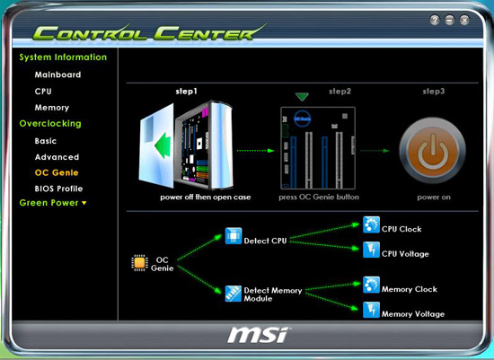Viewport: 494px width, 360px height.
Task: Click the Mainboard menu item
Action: tap(57, 75)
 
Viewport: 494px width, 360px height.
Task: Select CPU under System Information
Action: tap(43, 92)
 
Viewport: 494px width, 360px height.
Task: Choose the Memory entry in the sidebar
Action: tap(52, 108)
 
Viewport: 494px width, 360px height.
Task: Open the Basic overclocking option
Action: tap(46, 141)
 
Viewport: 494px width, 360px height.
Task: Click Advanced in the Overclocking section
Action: tap(57, 157)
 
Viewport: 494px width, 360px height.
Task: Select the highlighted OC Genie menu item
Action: tap(57, 172)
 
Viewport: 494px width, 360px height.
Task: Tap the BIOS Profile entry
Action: tap(59, 189)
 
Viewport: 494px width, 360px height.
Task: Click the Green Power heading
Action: tap(53, 203)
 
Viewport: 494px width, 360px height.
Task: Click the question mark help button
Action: tap(435, 20)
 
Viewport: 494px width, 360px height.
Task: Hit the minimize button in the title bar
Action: tap(450, 20)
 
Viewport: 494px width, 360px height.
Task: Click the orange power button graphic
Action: tap(433, 151)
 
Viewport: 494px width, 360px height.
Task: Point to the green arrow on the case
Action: tap(163, 145)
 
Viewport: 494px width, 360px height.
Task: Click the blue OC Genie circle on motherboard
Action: tap(303, 119)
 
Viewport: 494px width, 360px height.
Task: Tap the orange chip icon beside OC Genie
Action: tap(139, 263)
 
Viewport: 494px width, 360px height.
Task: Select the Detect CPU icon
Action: tap(234, 236)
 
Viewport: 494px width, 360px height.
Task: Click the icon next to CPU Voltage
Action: tap(371, 250)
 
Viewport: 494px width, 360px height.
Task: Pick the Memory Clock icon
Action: tap(371, 285)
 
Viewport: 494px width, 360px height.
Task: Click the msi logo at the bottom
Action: tap(258, 335)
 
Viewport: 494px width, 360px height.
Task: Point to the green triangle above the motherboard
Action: tap(302, 97)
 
